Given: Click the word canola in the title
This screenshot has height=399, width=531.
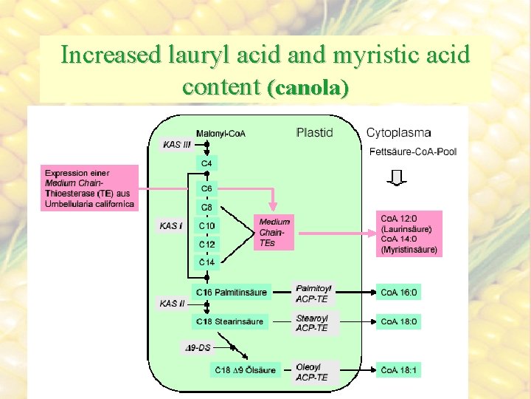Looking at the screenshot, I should click(308, 89).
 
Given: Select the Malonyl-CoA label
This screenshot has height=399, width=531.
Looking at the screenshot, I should click(221, 133).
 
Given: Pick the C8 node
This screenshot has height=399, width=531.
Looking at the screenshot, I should click(206, 208).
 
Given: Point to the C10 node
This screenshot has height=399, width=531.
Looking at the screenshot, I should click(206, 225).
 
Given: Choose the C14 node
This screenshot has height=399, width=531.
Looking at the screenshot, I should click(206, 262).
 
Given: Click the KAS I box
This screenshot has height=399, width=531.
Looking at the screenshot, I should click(171, 225).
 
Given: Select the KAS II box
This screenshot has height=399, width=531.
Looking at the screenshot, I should click(172, 304).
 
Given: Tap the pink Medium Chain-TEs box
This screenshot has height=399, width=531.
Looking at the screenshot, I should click(274, 232).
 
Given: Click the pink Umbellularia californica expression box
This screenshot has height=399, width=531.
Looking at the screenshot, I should click(89, 188).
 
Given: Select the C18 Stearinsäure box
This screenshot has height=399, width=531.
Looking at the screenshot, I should click(229, 321).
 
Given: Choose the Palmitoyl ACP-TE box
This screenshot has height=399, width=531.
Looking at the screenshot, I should click(314, 293).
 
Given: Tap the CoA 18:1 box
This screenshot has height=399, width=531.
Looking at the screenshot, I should click(399, 369).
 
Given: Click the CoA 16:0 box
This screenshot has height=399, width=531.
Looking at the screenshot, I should click(399, 293).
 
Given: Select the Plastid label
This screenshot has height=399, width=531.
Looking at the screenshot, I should click(314, 133).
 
